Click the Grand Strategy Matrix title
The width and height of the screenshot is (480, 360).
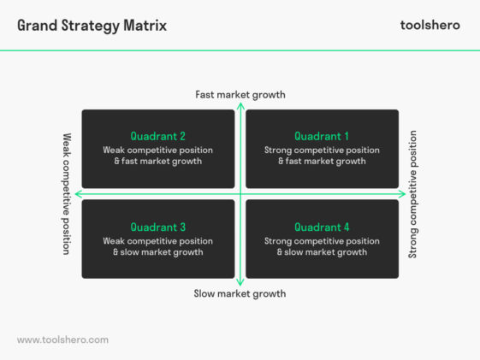point(92,25)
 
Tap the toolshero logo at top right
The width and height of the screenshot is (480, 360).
point(430,25)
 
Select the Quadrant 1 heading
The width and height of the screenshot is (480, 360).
point(322,136)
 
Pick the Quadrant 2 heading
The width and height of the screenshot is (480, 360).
point(157,136)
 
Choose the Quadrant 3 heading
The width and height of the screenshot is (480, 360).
point(157,227)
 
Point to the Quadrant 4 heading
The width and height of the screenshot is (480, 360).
point(322,227)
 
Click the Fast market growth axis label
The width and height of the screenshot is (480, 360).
point(240,94)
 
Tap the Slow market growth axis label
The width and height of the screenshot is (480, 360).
point(240,293)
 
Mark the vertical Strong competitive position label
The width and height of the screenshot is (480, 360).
point(413,193)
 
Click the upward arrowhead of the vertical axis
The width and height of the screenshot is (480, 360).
point(240,105)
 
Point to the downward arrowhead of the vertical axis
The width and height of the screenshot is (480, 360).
point(240,282)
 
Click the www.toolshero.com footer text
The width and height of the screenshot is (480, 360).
point(62,339)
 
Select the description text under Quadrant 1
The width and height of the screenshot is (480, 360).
point(322,156)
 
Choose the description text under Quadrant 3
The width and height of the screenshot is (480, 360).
point(157,246)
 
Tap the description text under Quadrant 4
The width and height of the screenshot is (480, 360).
point(322,246)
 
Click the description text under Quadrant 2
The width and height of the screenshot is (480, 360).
point(157,156)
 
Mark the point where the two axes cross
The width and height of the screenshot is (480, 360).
point(240,194)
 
